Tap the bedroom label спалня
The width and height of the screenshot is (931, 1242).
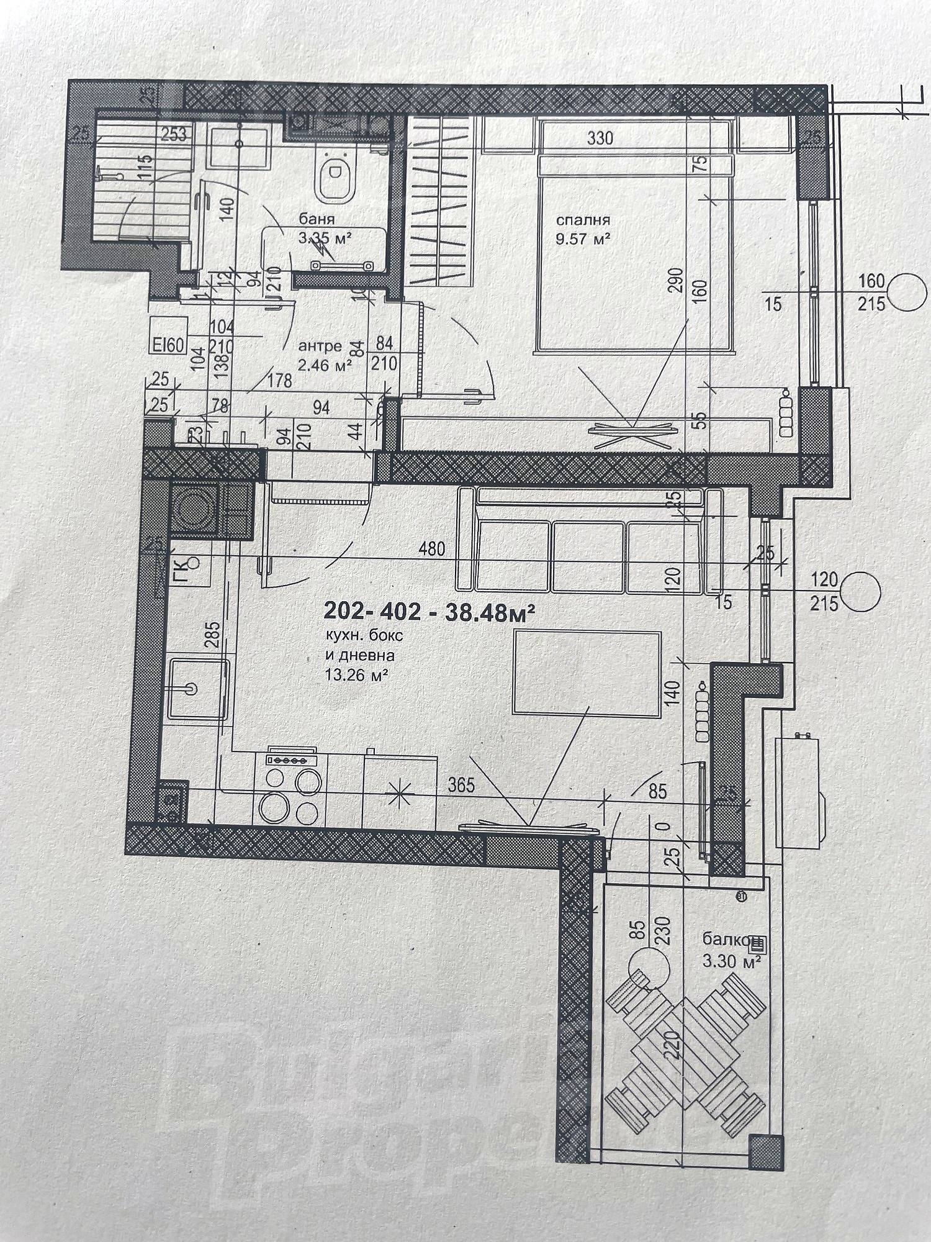point(583,220)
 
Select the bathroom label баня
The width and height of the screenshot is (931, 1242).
point(317,219)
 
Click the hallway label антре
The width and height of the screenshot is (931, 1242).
point(320,346)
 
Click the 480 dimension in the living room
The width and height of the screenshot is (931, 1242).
point(432,549)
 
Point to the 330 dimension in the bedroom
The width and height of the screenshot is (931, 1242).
point(600,137)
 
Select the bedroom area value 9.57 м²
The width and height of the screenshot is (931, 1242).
point(583,238)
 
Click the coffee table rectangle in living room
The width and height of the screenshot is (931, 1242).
point(587,673)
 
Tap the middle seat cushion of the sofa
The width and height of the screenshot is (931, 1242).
point(587,556)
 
